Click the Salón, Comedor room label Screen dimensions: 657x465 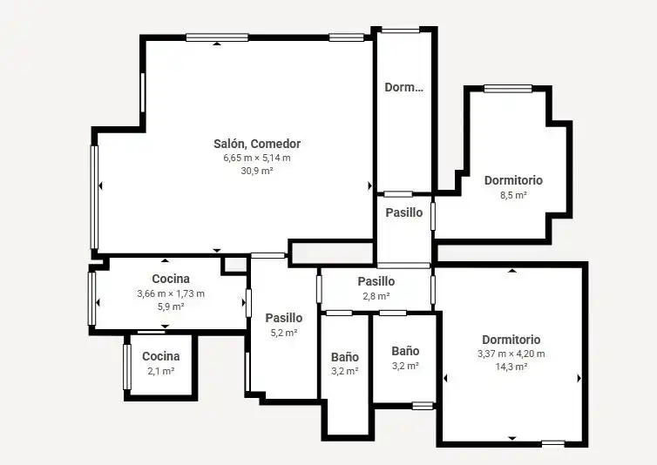pos(257,144)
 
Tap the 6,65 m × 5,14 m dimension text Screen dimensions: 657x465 pos(257,158)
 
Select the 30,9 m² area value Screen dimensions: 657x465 pos(257,171)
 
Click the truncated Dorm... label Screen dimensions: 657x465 pos(404,87)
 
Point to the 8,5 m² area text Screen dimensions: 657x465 pos(513,195)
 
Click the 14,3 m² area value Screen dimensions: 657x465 pos(511,367)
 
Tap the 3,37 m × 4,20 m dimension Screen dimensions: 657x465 pos(511,354)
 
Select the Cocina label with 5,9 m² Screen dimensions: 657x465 pos(171,279)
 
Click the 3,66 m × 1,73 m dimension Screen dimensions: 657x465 pos(171,293)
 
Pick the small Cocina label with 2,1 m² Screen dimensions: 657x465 pos(161,356)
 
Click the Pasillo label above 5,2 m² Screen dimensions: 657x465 pos(284,318)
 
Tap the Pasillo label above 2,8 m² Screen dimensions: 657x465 pos(376,281)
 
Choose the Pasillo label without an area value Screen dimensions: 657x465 pos(404,212)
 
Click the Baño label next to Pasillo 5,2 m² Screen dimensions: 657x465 pos(345,357)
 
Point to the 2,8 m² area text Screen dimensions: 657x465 pos(376,296)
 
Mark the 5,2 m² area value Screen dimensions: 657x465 pos(284,333)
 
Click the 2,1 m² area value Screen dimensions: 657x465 pos(161,371)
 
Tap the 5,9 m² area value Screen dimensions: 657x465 pos(171,307)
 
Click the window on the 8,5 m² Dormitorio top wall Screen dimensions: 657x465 pos(508,89)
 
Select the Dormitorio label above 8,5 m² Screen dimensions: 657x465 pos(513,180)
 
